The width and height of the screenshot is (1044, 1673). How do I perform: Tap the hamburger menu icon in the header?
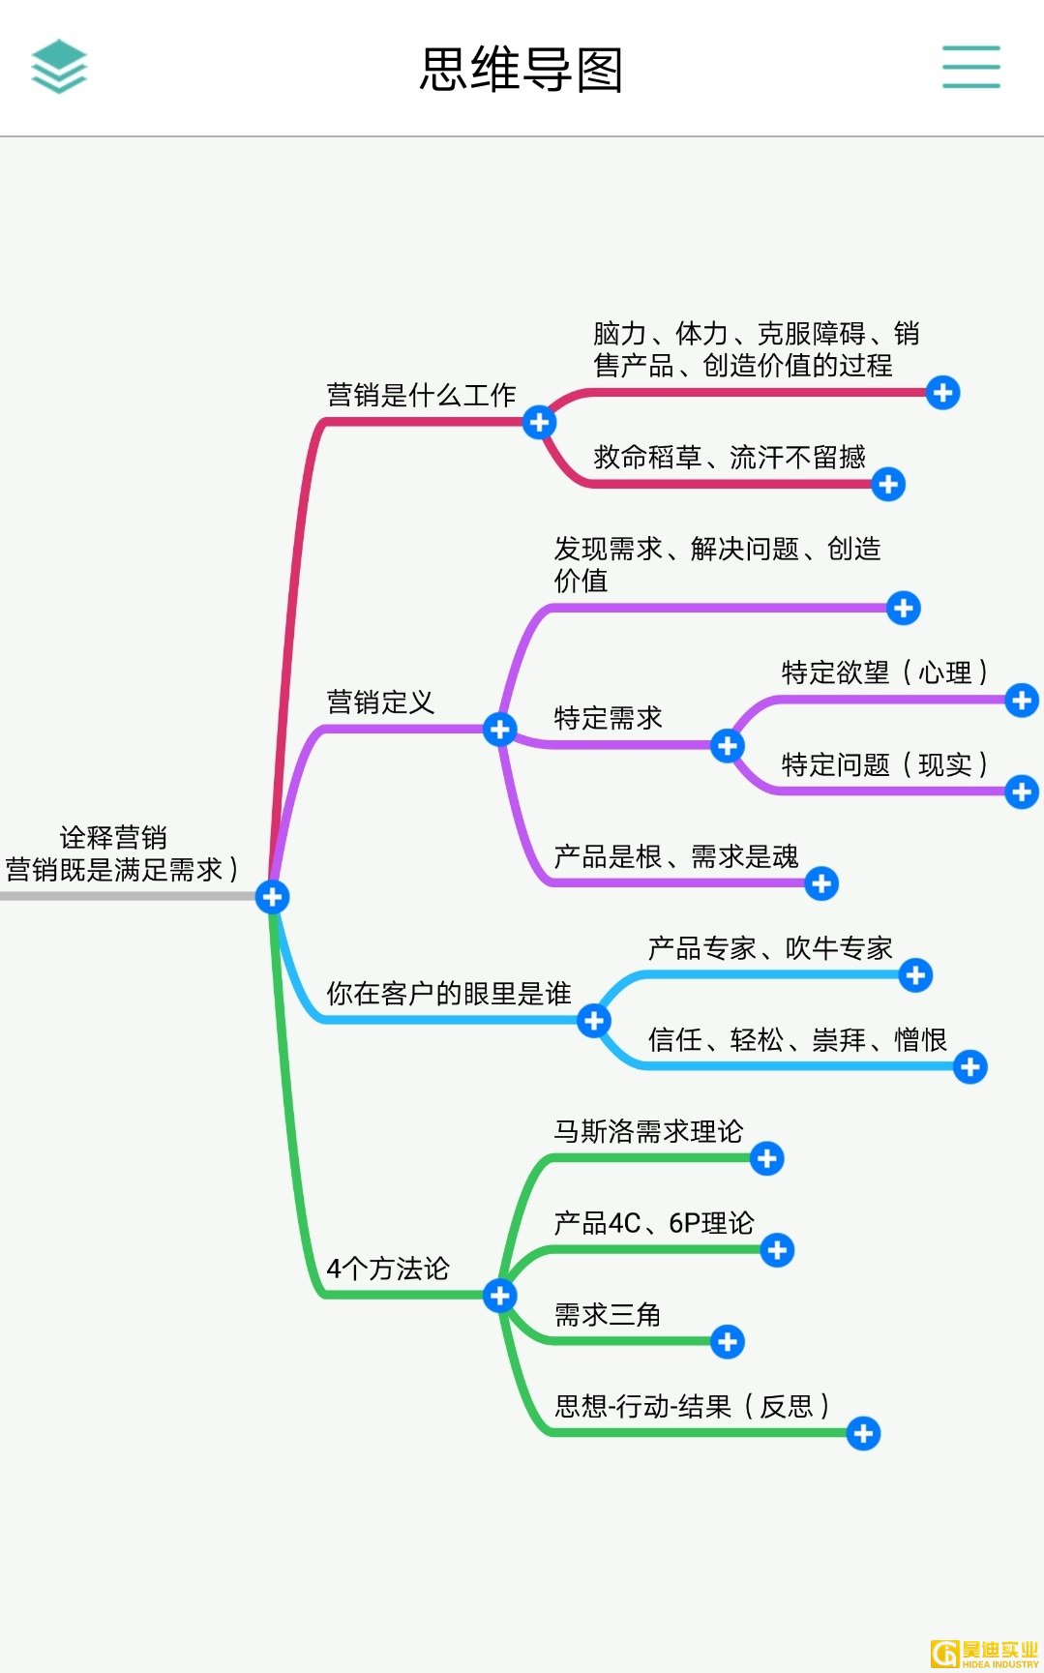pos(970,67)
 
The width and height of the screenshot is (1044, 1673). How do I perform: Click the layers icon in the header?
pos(59,66)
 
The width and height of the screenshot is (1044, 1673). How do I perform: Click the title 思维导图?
pos(522,70)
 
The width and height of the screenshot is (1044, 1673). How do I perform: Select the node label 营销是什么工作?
pos(421,395)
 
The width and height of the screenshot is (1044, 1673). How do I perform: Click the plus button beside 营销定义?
pos(499,729)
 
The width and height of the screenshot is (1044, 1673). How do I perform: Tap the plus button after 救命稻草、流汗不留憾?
pos(887,484)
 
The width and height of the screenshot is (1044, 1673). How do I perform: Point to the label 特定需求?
pos(608,718)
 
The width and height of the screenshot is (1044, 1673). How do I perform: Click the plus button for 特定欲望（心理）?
pos(1021,700)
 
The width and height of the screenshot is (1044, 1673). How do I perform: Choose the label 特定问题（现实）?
pos(883,764)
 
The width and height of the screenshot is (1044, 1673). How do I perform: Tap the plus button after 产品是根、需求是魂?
pos(821,883)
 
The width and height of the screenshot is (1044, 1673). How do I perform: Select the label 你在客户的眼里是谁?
pos(449,994)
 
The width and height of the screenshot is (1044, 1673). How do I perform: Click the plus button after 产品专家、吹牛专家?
pos(914,975)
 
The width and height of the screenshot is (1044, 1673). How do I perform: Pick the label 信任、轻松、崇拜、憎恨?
pos(797,1040)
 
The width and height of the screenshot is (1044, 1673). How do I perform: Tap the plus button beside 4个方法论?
pos(499,1295)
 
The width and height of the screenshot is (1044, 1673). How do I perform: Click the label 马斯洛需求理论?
pos(648,1131)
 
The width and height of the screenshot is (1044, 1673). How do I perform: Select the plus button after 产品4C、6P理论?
pos(777,1250)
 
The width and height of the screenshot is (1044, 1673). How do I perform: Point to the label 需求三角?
pos(608,1315)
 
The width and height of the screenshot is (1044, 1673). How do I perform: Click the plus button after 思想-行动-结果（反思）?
pos(863,1433)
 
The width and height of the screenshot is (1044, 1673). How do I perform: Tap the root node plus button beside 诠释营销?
pos(273,897)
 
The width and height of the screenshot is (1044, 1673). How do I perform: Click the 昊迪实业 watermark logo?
pos(984,1654)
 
